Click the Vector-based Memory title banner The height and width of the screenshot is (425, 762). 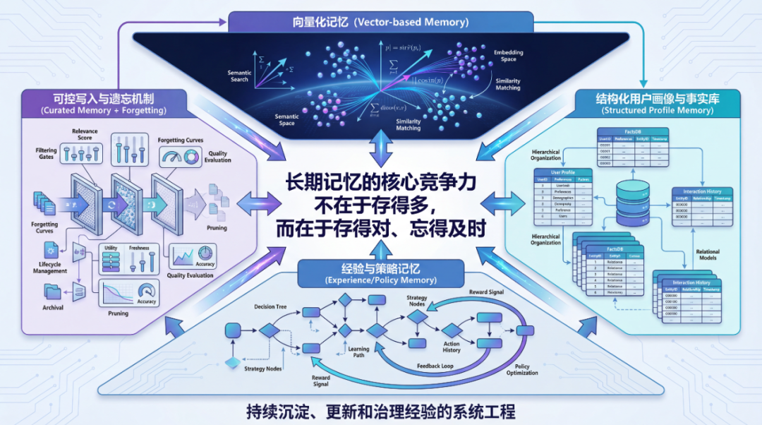tap(380, 22)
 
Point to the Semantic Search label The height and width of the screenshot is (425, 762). tap(239, 76)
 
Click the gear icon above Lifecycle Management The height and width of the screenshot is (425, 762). tap(51, 249)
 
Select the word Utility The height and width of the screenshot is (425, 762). tap(110, 248)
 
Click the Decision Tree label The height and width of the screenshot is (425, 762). tap(273, 306)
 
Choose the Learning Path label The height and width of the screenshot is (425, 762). tap(358, 352)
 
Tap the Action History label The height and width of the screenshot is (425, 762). tap(452, 347)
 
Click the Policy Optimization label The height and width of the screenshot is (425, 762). tap(522, 371)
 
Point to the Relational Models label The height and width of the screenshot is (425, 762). tap(707, 254)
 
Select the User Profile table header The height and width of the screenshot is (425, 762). tap(562, 172)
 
